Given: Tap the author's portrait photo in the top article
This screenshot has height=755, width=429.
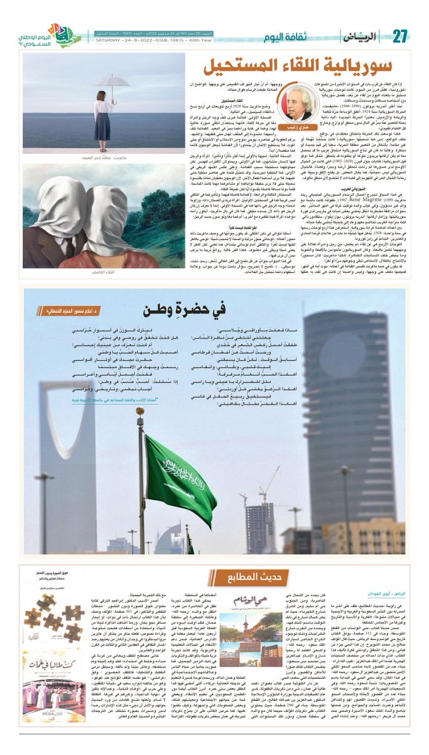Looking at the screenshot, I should coord(296,100).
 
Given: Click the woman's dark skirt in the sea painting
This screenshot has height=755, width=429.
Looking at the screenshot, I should coord(102,126).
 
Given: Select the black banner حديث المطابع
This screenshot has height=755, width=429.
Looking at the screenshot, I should coord(214,573).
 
